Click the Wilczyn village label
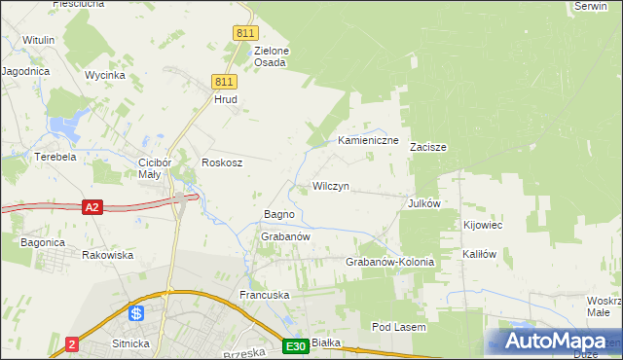pyautogui.click(x=330, y=185)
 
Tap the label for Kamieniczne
pyautogui.click(x=369, y=141)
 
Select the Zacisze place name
pyautogui.click(x=427, y=148)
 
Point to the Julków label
pyautogui.click(x=424, y=203)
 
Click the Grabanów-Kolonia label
pyautogui.click(x=389, y=263)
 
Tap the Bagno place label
pyautogui.click(x=280, y=214)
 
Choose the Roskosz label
pyautogui.click(x=221, y=162)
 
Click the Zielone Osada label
pyautogui.click(x=270, y=56)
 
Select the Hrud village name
pyautogui.click(x=225, y=99)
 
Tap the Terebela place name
pyautogui.click(x=55, y=156)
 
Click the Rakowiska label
pyautogui.click(x=107, y=255)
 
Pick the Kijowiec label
pyautogui.click(x=482, y=225)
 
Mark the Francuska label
pyautogui.click(x=265, y=294)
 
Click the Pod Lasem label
pyautogui.click(x=399, y=328)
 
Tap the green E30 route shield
pyautogui.click(x=297, y=346)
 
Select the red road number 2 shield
pyautogui.click(x=72, y=344)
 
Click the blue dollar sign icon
pyautogui.click(x=136, y=313)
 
